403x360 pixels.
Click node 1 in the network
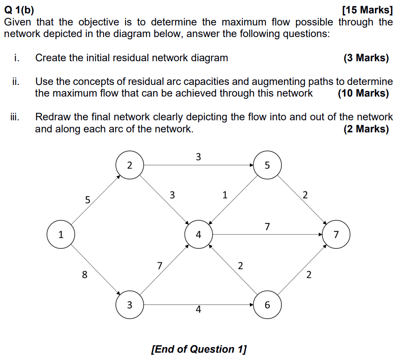click(x=61, y=235)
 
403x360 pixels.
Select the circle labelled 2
click(x=130, y=165)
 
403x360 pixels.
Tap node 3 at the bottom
click(x=130, y=305)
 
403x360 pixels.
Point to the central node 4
click(x=198, y=235)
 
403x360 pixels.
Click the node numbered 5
click(x=267, y=165)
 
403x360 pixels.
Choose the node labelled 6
click(x=267, y=305)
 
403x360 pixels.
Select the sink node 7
click(x=336, y=235)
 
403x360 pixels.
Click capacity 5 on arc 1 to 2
click(x=88, y=200)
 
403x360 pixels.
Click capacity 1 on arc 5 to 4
click(x=224, y=195)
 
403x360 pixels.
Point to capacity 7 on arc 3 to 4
click(x=160, y=266)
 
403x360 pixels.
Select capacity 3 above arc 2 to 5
click(x=198, y=157)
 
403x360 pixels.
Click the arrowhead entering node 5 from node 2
click(x=251, y=165)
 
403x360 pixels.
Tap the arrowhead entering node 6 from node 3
click(x=251, y=305)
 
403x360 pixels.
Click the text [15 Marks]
click(x=367, y=10)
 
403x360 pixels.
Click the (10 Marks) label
click(x=363, y=93)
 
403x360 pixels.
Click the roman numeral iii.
click(x=15, y=117)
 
